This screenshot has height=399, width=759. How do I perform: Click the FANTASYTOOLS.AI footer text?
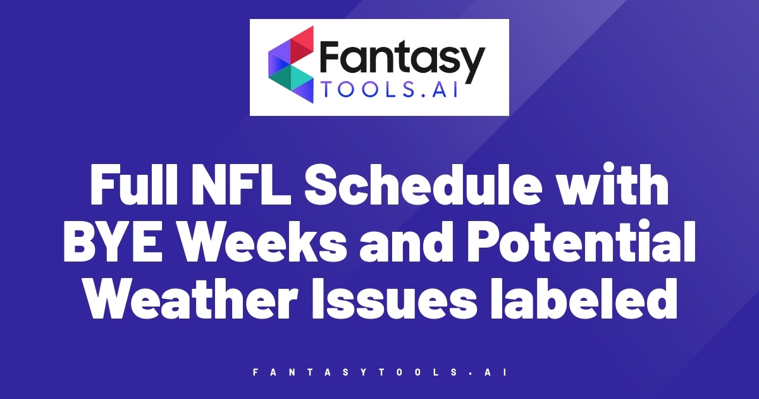tap(379, 373)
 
